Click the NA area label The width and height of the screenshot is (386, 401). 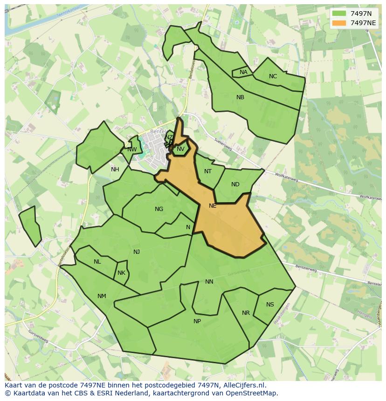point(243,72)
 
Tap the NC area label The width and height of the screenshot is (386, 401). point(273,76)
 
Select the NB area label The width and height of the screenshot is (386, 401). point(240,97)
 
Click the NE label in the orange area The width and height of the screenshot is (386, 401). point(213,206)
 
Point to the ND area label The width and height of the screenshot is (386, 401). point(235,184)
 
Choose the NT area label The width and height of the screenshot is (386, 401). point(208,171)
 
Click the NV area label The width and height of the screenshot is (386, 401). point(180,149)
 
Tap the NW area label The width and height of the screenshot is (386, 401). point(132,150)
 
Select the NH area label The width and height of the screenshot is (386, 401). point(115,170)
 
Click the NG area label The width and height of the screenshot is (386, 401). point(159,209)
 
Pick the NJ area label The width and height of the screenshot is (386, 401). point(137,252)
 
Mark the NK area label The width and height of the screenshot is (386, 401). point(121,273)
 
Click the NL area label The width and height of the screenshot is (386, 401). point(97,262)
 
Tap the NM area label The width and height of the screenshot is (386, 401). point(102,296)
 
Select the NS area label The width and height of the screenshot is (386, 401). point(270,305)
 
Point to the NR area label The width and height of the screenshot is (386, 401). point(246,313)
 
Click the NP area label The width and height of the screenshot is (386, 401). point(197,321)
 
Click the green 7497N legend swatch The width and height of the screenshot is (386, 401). point(339,14)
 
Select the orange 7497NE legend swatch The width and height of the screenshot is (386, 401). point(339,23)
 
